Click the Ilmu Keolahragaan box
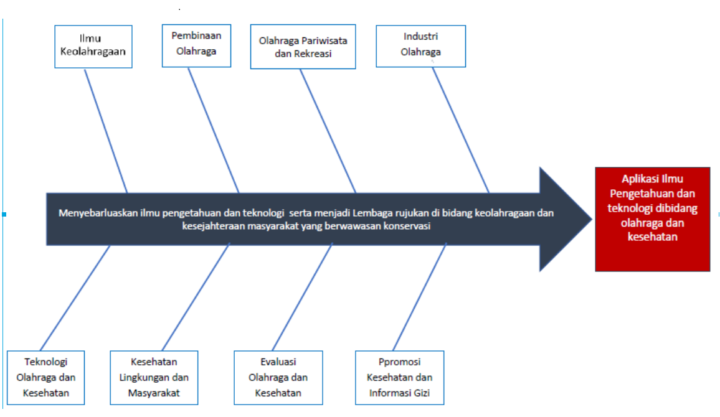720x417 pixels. click(93, 46)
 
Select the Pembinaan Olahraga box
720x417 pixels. click(196, 45)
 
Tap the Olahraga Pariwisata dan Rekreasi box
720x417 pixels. click(303, 47)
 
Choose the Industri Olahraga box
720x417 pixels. click(420, 45)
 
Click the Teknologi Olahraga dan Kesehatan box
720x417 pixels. click(45, 377)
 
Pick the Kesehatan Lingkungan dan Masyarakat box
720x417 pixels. click(154, 377)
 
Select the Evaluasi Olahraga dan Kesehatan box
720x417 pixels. click(278, 377)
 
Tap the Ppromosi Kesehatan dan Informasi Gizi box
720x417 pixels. click(399, 377)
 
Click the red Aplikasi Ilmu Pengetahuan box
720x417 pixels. click(652, 218)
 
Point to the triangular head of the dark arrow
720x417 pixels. click(564, 218)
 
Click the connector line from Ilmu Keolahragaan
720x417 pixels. click(106, 131)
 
